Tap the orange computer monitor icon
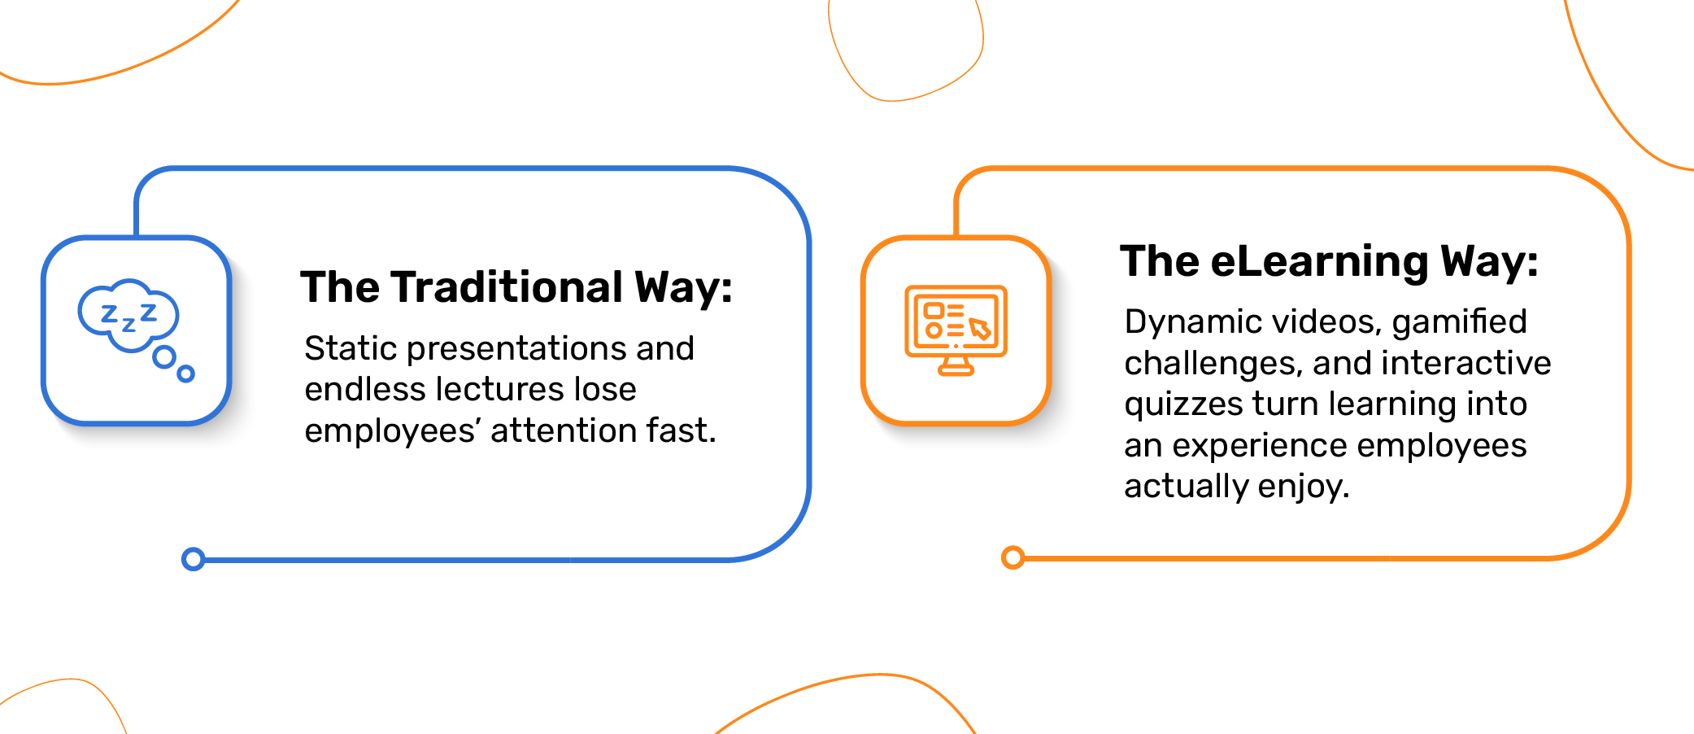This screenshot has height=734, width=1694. tap(956, 330)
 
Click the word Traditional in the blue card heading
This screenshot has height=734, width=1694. tap(507, 287)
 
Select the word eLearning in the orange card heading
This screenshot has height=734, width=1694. tap(1319, 262)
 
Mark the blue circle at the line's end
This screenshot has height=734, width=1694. tap(193, 559)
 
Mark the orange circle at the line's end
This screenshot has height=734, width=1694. tap(1012, 557)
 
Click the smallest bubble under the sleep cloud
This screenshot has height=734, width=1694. tap(186, 374)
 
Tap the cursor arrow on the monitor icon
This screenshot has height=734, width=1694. tap(979, 328)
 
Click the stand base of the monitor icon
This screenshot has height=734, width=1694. tap(956, 370)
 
